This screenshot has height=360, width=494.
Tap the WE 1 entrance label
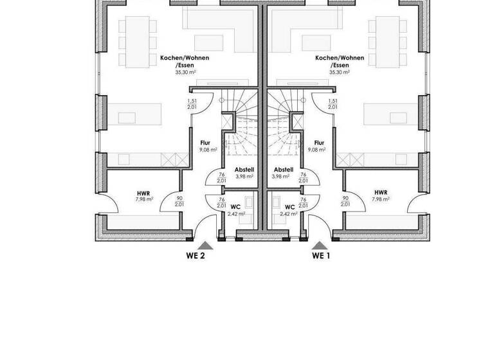pos(321,256)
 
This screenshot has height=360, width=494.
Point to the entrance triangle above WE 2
pos(205,244)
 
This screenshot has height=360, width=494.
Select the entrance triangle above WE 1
pos(318,244)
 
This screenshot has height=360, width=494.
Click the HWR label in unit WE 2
pos(143,192)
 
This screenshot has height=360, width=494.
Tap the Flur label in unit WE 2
pos(206,143)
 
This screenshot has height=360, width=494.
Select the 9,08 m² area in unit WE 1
pos(316,150)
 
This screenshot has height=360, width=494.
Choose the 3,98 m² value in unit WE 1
pos(280,175)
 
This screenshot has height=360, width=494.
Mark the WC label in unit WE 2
pos(235,207)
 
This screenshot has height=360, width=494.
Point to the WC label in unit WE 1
pos(289,207)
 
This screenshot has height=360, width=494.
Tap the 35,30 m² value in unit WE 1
pos(339,73)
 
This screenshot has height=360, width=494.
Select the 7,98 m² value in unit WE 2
pos(144,199)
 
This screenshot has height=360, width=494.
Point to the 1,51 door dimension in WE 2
pos(192,102)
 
